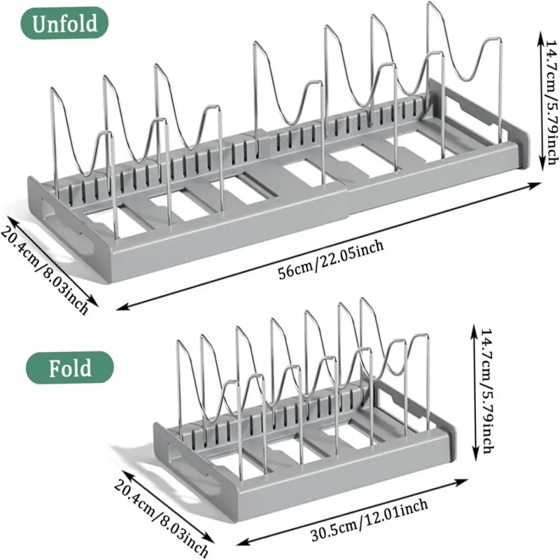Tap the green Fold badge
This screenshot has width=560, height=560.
(x=70, y=367)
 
